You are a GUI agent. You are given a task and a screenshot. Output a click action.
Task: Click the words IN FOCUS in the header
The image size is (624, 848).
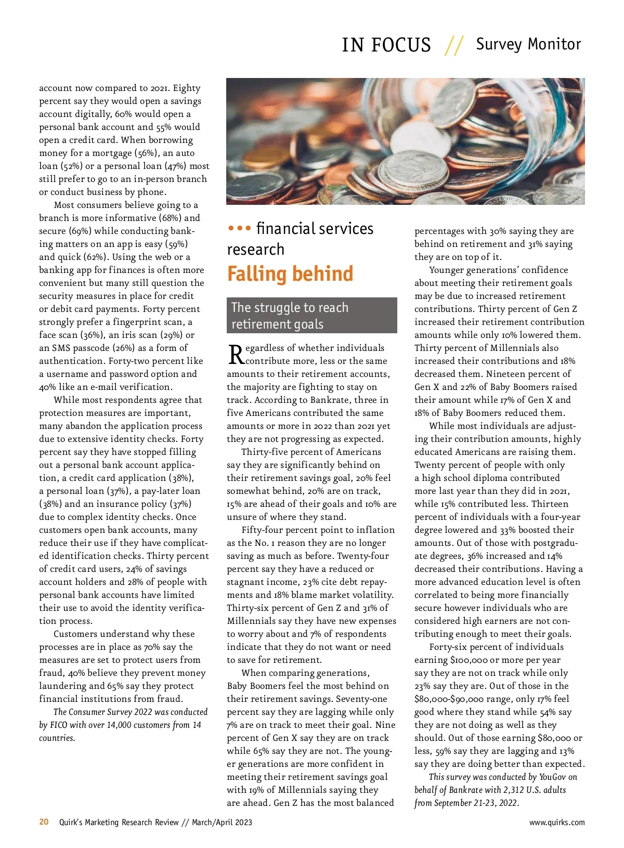click(386, 45)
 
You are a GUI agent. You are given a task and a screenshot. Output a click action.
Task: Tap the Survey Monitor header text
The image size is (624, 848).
click(528, 44)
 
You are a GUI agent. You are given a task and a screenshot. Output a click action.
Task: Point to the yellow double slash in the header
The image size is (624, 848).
click(453, 45)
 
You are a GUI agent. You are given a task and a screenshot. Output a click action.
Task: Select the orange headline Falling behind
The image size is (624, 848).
click(290, 274)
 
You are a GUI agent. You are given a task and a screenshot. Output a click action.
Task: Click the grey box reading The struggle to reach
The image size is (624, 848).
click(311, 315)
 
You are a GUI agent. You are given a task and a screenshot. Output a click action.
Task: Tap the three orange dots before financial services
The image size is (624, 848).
click(240, 228)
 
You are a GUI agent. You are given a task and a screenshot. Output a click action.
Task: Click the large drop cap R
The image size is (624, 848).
click(236, 355)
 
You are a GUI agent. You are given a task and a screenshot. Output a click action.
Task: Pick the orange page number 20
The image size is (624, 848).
click(44, 822)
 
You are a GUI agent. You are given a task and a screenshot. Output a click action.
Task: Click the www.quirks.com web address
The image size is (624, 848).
click(557, 823)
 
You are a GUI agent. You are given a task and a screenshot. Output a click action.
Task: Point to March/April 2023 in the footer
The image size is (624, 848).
click(222, 823)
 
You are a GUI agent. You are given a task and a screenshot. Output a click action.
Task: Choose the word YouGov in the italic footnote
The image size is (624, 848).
click(553, 777)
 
